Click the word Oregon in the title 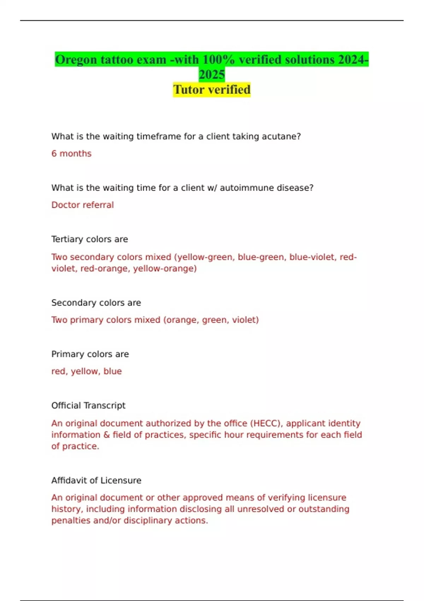click(76, 60)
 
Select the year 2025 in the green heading click(212, 75)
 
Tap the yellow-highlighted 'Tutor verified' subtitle click(212, 90)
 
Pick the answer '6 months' click(71, 154)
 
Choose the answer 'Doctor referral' click(82, 205)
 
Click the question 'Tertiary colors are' click(89, 239)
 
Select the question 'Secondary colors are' click(96, 303)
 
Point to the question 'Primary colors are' click(90, 354)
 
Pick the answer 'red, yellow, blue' click(87, 371)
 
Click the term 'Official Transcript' click(88, 405)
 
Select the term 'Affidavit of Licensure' click(96, 480)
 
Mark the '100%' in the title click(219, 60)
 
